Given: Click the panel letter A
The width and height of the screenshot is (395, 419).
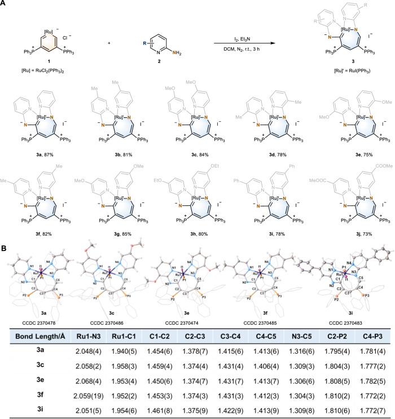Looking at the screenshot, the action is click(4, 5).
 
